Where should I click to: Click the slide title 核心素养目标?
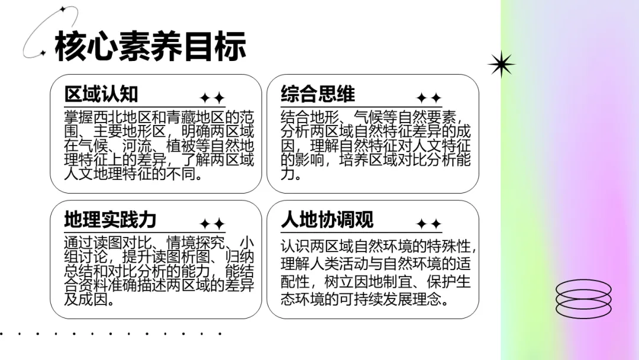click(x=150, y=47)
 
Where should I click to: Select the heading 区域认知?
click(x=101, y=94)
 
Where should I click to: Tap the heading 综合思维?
click(x=318, y=94)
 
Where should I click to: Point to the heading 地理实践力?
click(x=110, y=220)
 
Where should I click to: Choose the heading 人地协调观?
click(x=327, y=220)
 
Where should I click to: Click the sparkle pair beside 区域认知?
click(x=212, y=98)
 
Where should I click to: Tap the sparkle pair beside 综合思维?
click(x=428, y=98)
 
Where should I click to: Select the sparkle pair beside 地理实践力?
click(x=212, y=224)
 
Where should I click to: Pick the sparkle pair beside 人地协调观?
click(x=428, y=224)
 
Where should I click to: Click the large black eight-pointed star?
click(x=501, y=64)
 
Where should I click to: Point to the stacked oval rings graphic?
click(x=583, y=298)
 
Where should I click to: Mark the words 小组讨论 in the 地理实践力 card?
click(x=90, y=257)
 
